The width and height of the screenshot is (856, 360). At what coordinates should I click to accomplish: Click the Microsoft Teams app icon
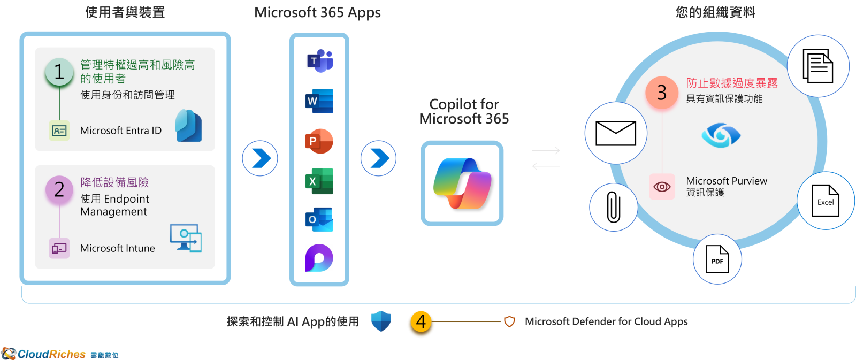pyautogui.click(x=319, y=61)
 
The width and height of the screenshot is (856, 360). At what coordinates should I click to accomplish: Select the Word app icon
pyautogui.click(x=319, y=101)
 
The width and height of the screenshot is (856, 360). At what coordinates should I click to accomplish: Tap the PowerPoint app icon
pyautogui.click(x=319, y=141)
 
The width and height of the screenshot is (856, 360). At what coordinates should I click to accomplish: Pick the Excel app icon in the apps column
pyautogui.click(x=319, y=181)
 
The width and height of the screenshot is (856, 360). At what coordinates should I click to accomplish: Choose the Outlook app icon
pyautogui.click(x=319, y=219)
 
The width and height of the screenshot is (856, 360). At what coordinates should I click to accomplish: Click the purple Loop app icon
pyautogui.click(x=319, y=258)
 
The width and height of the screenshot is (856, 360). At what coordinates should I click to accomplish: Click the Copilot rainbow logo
pyautogui.click(x=462, y=183)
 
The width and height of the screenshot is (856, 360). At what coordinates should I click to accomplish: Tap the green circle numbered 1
pyautogui.click(x=59, y=72)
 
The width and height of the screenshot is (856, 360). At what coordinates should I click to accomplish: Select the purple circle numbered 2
pyautogui.click(x=59, y=189)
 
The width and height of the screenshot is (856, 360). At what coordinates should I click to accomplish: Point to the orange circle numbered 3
pyautogui.click(x=662, y=93)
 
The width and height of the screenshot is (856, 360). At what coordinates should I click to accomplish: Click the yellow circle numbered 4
pyautogui.click(x=421, y=322)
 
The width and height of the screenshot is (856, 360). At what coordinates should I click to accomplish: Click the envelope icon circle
pyautogui.click(x=616, y=133)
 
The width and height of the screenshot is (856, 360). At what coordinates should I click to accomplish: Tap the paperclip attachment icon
pyautogui.click(x=614, y=207)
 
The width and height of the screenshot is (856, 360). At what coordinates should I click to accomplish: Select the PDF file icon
pyautogui.click(x=717, y=259)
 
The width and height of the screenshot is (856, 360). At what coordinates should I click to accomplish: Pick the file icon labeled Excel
pyautogui.click(x=826, y=201)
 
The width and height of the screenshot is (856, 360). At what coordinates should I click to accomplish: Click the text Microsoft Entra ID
pyautogui.click(x=121, y=131)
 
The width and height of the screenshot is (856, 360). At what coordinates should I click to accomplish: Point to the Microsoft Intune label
pyautogui.click(x=118, y=248)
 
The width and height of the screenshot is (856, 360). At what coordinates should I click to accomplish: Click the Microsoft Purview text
pyautogui.click(x=727, y=181)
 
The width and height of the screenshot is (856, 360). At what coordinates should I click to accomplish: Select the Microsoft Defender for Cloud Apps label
pyautogui.click(x=606, y=321)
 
